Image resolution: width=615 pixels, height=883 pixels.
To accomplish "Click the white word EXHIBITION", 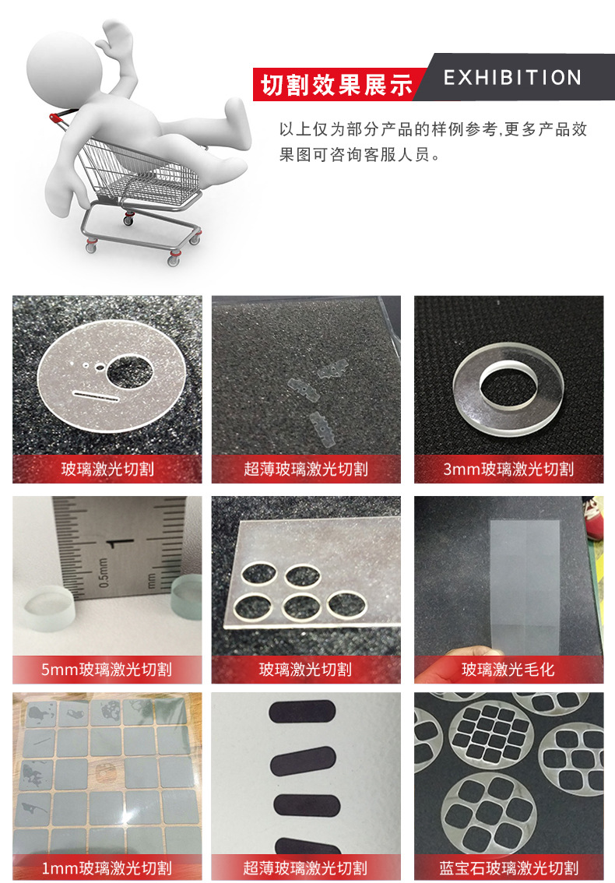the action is pos(512,78).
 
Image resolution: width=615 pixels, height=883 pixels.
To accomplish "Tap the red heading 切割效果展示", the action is pos(337,85).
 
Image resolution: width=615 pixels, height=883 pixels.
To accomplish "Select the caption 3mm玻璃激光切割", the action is pos(508,469).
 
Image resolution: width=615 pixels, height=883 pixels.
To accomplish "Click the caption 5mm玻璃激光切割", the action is pos(107,669).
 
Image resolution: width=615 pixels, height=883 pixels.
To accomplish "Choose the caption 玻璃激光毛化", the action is pos(508,669).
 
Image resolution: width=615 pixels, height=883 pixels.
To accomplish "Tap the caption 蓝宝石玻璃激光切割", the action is pos(508,867).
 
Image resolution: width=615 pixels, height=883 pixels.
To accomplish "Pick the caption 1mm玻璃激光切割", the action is pos(107,867).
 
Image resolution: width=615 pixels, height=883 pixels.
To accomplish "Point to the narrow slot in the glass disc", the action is pos(96,396).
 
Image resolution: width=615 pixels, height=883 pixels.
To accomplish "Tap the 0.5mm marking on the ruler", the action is pos(104,573).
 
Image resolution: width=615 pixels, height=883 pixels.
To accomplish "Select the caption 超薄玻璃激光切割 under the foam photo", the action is pos(306,469).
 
